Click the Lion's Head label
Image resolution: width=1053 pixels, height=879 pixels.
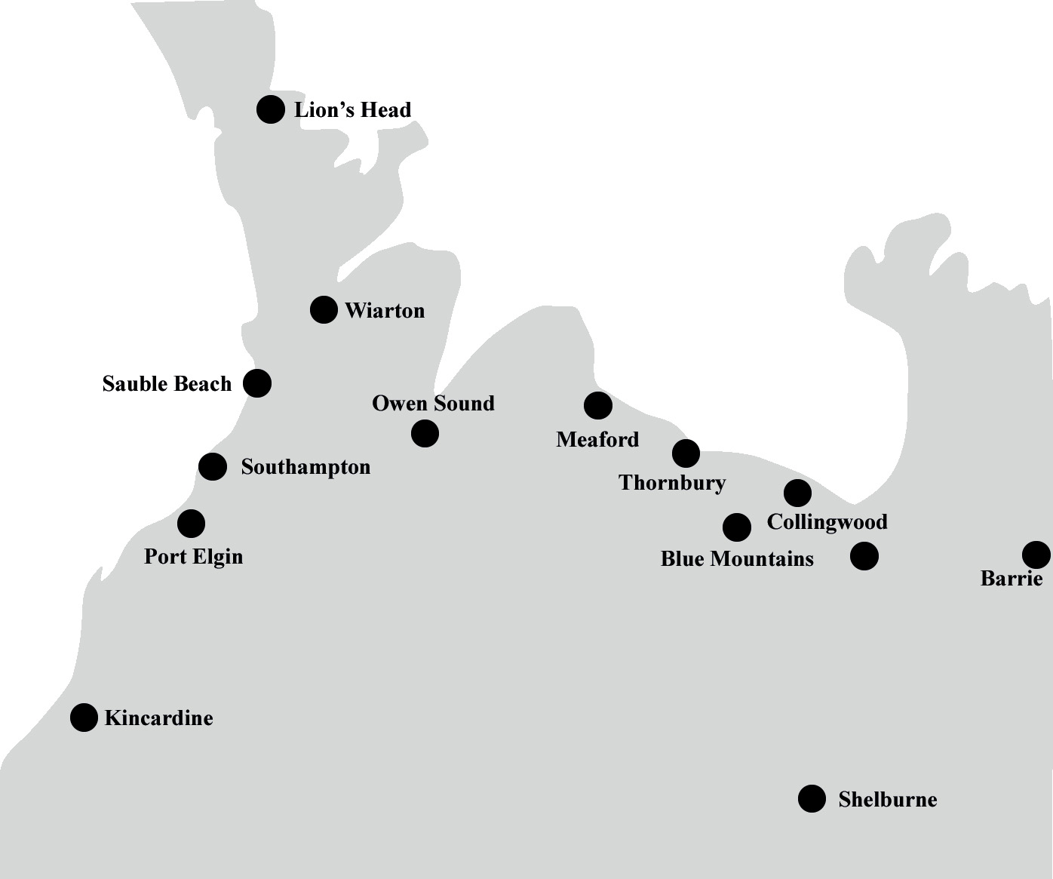point(352,110)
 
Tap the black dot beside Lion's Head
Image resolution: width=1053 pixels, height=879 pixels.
point(271,109)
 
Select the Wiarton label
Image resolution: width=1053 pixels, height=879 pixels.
point(385,311)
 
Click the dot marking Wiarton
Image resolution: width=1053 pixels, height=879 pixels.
point(324,309)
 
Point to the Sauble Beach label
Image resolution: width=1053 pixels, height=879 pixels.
point(167,384)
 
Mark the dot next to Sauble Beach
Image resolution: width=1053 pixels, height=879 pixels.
point(257,383)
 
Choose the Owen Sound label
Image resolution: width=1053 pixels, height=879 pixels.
point(433,404)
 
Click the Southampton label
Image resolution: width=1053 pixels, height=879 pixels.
point(305,467)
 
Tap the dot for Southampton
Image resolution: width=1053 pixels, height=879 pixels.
point(213,466)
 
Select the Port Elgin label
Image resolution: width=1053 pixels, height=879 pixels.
point(193,557)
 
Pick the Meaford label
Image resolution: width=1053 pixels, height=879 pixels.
point(597,440)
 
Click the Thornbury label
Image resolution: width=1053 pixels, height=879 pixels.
point(672,483)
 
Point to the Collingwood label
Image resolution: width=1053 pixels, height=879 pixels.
point(827,522)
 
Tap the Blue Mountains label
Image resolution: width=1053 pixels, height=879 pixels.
point(737,559)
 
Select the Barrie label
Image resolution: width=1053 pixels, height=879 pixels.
point(1012,579)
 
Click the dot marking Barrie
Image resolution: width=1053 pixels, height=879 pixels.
point(1036,555)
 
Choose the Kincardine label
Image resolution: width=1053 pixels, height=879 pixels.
point(158,718)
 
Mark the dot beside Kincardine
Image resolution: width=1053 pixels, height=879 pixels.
point(84,718)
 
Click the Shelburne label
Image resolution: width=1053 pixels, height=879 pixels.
point(887,800)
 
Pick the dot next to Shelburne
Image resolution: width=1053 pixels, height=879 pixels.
point(812,798)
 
